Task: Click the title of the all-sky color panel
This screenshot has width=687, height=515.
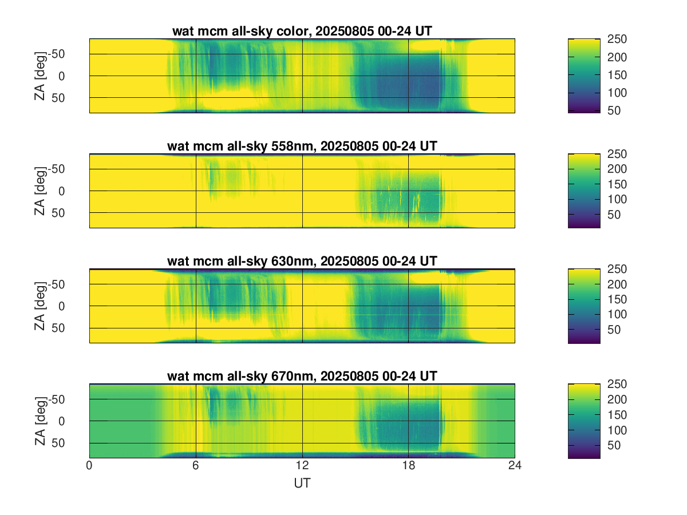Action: pyautogui.click(x=302, y=32)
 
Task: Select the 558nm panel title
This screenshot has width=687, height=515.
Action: pyautogui.click(x=302, y=146)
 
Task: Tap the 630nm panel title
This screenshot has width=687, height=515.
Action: pyautogui.click(x=302, y=262)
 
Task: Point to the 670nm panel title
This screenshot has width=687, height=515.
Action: pyautogui.click(x=302, y=376)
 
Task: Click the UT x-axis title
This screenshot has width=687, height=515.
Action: pyautogui.click(x=302, y=484)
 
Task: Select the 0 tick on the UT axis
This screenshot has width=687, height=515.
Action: pyautogui.click(x=89, y=466)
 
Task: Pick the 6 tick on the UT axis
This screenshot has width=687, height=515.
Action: pyautogui.click(x=196, y=466)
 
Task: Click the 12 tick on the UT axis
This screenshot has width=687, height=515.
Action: pyautogui.click(x=302, y=466)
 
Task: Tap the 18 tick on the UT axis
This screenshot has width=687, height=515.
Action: pyautogui.click(x=409, y=466)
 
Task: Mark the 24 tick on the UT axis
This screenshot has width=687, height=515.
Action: pyautogui.click(x=515, y=466)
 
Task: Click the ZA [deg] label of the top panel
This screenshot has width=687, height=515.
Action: pyautogui.click(x=40, y=76)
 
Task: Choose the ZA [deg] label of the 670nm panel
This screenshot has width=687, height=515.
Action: pyautogui.click(x=40, y=421)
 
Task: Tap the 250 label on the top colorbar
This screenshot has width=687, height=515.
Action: pyautogui.click(x=618, y=39)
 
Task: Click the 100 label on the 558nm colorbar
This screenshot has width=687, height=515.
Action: pyautogui.click(x=618, y=199)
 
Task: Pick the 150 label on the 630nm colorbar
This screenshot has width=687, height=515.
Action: pyautogui.click(x=618, y=299)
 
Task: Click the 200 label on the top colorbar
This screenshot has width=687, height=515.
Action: pyautogui.click(x=618, y=57)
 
